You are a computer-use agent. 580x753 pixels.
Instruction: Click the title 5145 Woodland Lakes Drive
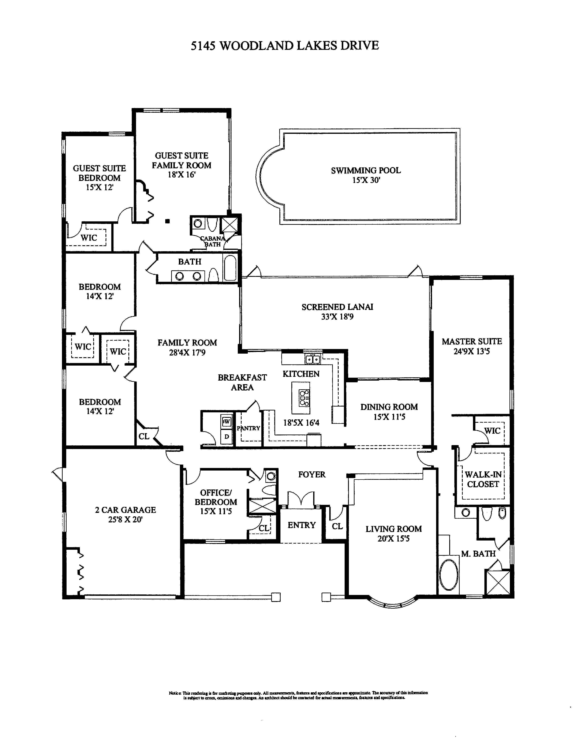pyautogui.click(x=285, y=46)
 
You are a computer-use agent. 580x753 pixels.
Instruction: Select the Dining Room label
pyautogui.click(x=389, y=407)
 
